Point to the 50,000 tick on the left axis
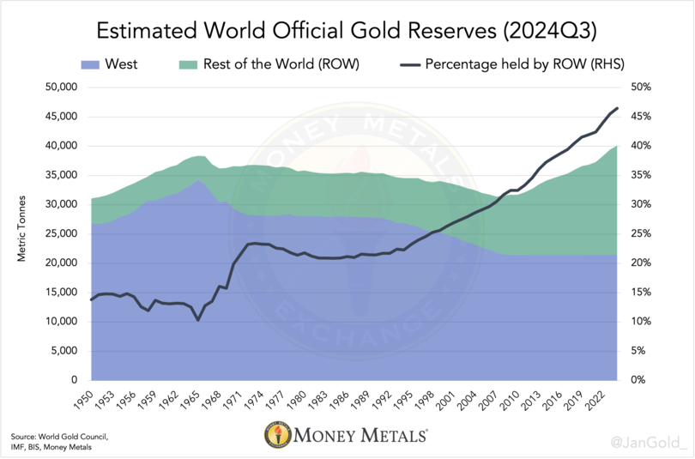click(x=60, y=88)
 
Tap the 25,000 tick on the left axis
click(x=60, y=234)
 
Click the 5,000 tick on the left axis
click(x=63, y=351)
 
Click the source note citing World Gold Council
click(x=53, y=442)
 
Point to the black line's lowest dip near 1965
click(x=198, y=320)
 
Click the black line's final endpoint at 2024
click(x=617, y=109)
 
